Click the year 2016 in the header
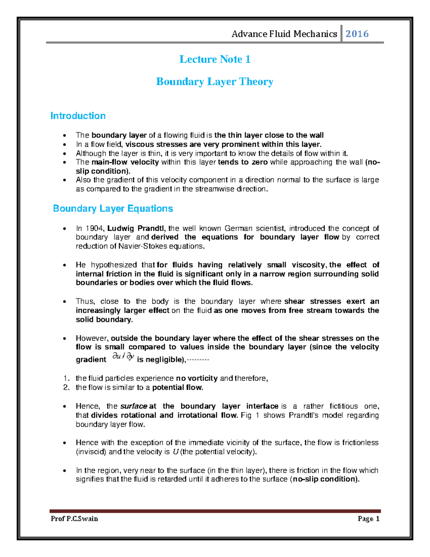357,34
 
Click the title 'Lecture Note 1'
215,59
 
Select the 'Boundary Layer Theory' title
215,82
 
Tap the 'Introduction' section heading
78,116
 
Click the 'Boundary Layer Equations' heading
113,209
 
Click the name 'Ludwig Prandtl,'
137,228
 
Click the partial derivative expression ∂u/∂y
123,357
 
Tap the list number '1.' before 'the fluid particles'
66,378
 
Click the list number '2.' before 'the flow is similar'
66,388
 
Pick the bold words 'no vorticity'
197,378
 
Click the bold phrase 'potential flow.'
178,388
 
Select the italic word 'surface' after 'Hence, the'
133,406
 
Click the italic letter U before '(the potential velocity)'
175,452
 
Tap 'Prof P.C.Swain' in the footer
74,519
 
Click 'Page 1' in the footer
368,519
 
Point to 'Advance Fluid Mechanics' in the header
284,34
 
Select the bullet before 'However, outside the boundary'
64,339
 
